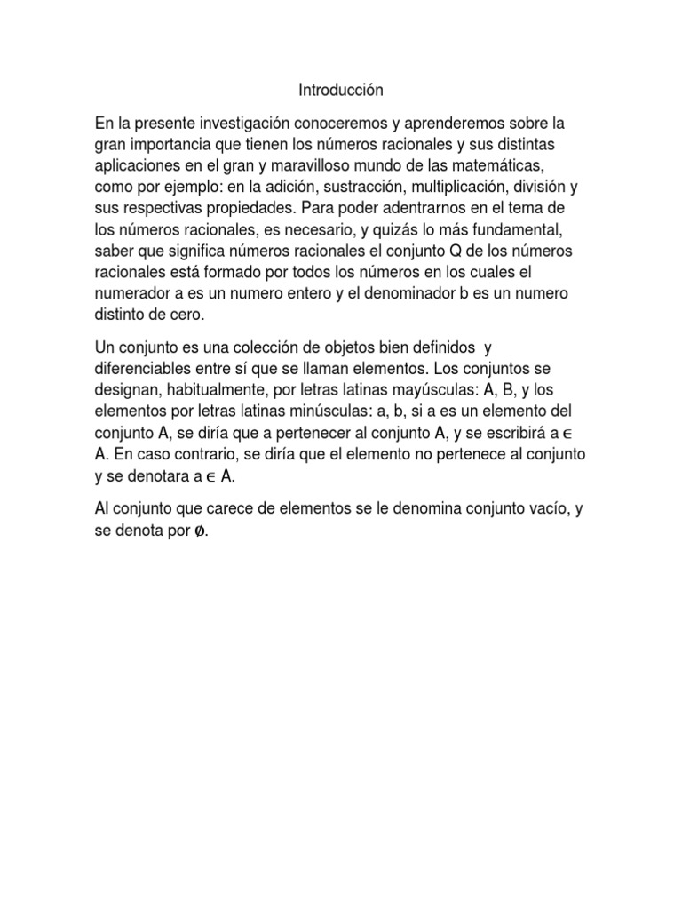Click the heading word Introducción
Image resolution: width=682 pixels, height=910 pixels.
click(x=340, y=90)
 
